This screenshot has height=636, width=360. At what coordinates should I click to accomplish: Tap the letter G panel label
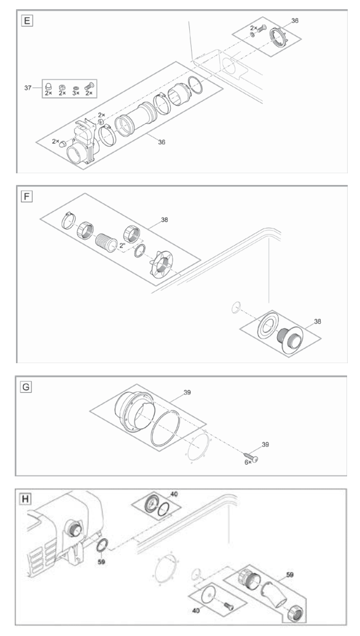click(x=26, y=389)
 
